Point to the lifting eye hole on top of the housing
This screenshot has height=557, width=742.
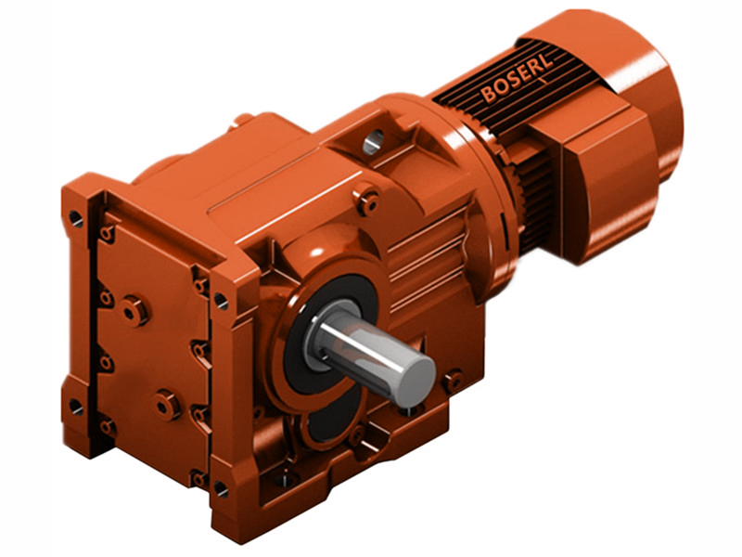(x=372, y=141)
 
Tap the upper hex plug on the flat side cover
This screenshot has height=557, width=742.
(x=135, y=310)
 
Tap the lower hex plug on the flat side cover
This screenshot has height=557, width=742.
(x=167, y=404)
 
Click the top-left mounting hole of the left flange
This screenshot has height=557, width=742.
(x=75, y=220)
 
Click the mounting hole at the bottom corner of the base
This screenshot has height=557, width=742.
(x=220, y=486)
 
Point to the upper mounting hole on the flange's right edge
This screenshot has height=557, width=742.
(x=220, y=300)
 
